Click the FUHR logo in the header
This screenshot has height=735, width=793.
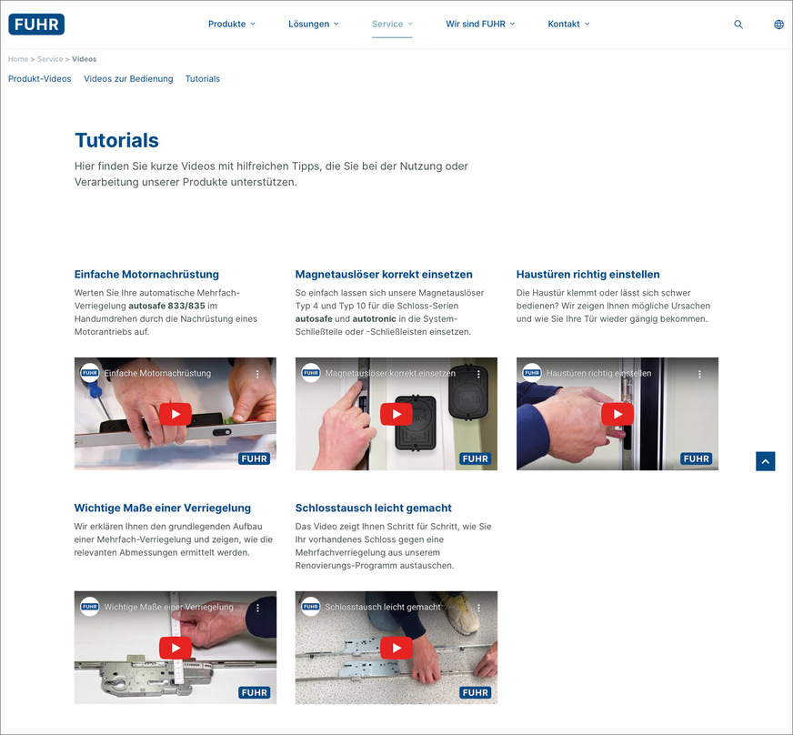[x=36, y=25]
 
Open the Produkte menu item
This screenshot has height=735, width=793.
[x=227, y=25]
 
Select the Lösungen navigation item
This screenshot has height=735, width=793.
[x=309, y=25]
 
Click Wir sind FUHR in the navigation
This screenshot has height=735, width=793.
[x=476, y=25]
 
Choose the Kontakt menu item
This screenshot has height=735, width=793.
[x=564, y=25]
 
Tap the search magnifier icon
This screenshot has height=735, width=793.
[x=738, y=25]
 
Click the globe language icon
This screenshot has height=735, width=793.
[x=778, y=25]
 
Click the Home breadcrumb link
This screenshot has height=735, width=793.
[x=18, y=59]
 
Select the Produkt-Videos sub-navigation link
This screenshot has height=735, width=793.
[x=40, y=79]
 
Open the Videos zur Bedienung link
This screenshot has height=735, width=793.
[x=128, y=79]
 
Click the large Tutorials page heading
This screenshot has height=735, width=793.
[x=116, y=140]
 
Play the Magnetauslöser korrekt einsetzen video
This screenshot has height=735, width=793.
[x=396, y=414]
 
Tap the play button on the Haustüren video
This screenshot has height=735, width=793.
[x=617, y=414]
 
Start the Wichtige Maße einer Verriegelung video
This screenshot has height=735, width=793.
[x=176, y=648]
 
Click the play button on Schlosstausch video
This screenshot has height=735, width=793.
[x=396, y=648]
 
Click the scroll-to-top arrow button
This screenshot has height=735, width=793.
[x=766, y=461]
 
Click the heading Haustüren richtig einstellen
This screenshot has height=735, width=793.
[x=587, y=275]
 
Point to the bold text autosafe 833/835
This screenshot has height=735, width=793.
[x=166, y=306]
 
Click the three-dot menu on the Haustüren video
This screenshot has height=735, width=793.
[x=699, y=374]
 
